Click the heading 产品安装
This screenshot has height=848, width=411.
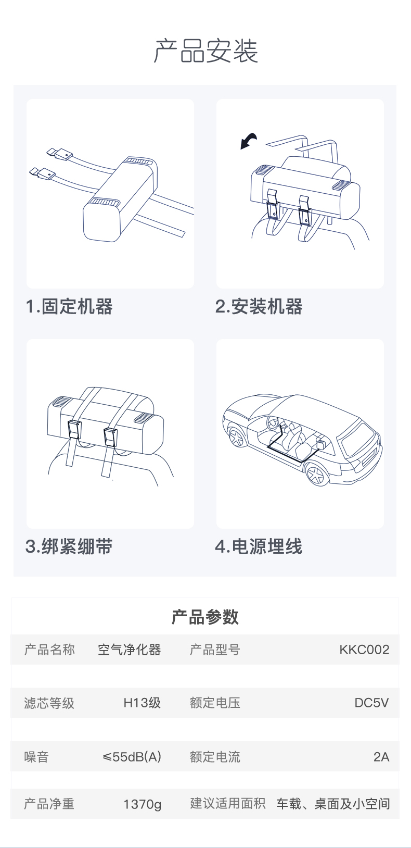(205, 51)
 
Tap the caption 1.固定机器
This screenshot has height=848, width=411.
(69, 306)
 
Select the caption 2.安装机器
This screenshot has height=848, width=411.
(259, 306)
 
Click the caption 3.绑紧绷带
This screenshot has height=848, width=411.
(69, 546)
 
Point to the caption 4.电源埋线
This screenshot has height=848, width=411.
(259, 546)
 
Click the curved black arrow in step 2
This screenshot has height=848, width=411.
(248, 141)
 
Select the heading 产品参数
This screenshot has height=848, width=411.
(205, 617)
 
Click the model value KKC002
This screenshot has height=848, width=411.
(364, 649)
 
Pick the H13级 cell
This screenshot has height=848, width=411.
(142, 703)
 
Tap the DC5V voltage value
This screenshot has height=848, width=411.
(371, 703)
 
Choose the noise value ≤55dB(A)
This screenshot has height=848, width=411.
(132, 756)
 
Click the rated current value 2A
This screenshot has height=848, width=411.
(381, 756)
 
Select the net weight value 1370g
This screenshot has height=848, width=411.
(143, 803)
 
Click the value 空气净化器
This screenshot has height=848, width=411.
(130, 649)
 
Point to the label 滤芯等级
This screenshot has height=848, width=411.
(49, 703)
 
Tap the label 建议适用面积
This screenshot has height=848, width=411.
(228, 803)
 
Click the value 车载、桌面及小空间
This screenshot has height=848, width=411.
(333, 803)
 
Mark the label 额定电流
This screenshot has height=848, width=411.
(215, 756)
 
